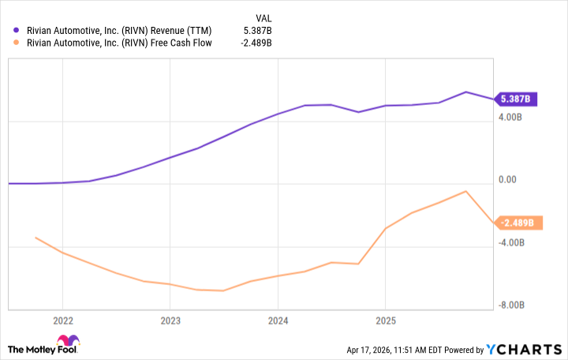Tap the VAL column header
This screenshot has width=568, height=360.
point(266,17)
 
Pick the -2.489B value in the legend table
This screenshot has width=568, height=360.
point(257,43)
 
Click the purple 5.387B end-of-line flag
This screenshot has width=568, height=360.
point(516,99)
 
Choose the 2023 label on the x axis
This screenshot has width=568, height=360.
point(170,321)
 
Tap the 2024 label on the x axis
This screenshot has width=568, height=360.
point(278,321)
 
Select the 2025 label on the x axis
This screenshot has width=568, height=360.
point(385,321)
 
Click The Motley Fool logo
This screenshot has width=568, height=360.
point(43,348)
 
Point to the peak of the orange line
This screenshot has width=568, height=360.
point(466,191)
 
